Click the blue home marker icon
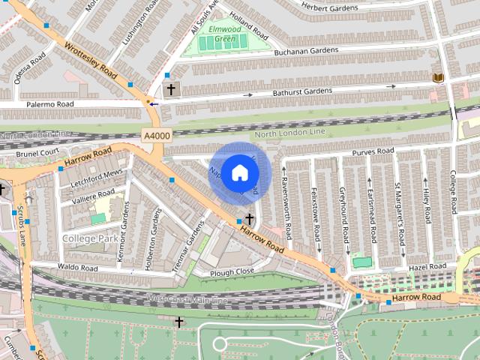[x=239, y=173]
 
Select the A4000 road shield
[x=155, y=135]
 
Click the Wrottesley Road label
[x=91, y=61]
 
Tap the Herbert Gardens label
[x=330, y=6]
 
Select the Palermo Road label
[x=49, y=103]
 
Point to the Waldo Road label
[x=78, y=268]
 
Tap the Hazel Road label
[x=427, y=267]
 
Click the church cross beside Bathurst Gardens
[x=171, y=89]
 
